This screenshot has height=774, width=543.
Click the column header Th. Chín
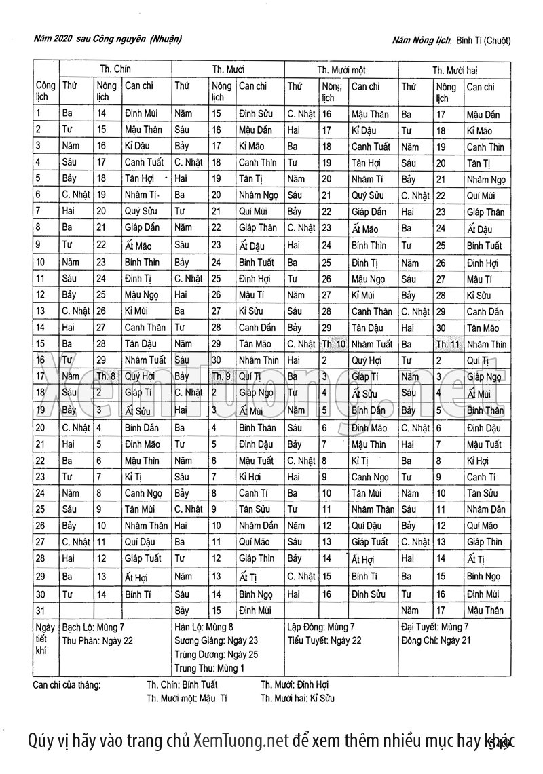[x=115, y=69]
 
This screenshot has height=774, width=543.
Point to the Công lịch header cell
[x=46, y=92]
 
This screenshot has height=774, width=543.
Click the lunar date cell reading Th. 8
[x=107, y=376]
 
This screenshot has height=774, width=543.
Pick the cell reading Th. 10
[x=333, y=344]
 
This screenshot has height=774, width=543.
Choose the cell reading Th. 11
[x=448, y=344]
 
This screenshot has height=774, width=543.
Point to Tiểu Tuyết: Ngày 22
[x=324, y=640]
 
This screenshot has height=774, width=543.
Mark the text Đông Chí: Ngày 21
[x=436, y=640]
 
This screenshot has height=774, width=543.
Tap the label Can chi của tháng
[x=67, y=684]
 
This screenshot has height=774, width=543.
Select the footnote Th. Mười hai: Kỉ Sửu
[x=297, y=698]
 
